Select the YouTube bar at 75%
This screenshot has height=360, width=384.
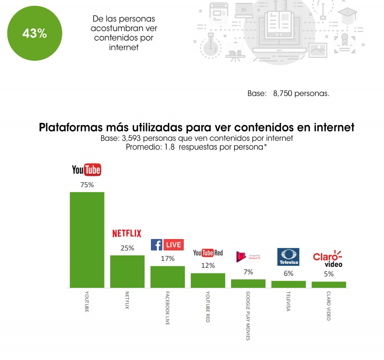tap(87, 240)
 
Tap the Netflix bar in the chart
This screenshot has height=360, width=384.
tap(127, 271)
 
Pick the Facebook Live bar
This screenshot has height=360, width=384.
tap(167, 277)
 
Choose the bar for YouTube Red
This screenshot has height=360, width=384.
tap(208, 280)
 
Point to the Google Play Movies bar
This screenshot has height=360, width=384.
tap(248, 283)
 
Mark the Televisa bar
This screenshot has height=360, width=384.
tap(288, 284)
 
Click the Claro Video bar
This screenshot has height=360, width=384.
tap(329, 285)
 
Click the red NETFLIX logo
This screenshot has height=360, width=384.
tap(127, 233)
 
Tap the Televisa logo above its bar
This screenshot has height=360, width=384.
tap(288, 257)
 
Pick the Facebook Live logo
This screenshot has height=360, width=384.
tap(167, 244)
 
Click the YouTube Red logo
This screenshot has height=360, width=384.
tap(208, 253)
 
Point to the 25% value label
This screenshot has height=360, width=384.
tap(127, 248)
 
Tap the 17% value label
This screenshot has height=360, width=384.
tap(167, 258)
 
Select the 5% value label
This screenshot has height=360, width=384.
tap(329, 274)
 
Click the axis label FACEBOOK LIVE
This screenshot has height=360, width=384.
tap(167, 308)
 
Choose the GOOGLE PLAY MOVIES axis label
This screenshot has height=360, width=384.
tap(248, 317)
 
